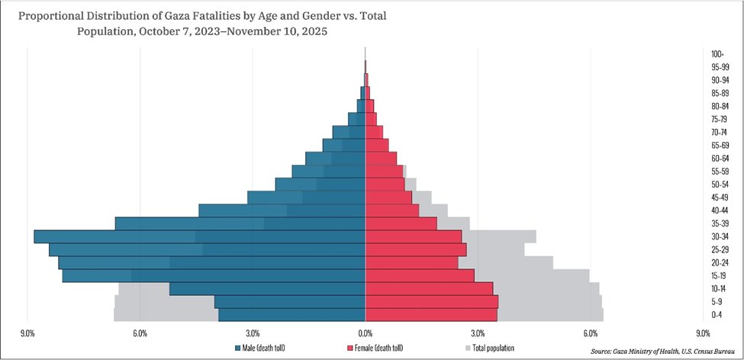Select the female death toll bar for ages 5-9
pos(431,302)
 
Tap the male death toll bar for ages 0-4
pos(291,315)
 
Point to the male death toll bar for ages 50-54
pos(320,184)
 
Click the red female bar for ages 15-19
pos(420,275)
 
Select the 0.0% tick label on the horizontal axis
pos(366,333)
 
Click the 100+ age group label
pos(717,54)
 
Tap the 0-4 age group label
pos(717,315)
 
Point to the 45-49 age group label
pos(717,198)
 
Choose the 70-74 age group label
pos(717,133)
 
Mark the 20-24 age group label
pos(717,263)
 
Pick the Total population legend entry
pos(493,349)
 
